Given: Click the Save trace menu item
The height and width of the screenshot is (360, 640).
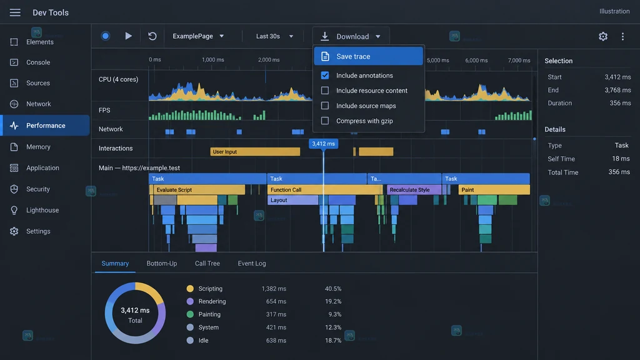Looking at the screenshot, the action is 368,56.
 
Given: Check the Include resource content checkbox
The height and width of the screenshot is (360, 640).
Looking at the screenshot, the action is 325,91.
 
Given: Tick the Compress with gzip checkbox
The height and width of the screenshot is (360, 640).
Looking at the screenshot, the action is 325,121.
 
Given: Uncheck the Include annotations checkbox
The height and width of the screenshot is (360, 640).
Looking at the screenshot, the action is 325,76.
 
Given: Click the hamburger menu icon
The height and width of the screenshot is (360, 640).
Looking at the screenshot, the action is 15,12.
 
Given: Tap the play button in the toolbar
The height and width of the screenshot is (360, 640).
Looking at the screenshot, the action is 128,36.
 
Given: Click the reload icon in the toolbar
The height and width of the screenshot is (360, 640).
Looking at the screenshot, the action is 152,36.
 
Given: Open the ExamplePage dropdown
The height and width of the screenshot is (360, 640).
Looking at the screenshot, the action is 198,36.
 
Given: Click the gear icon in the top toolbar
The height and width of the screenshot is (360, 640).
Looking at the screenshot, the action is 603,36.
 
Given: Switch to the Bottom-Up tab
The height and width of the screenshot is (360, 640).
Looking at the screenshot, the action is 162,263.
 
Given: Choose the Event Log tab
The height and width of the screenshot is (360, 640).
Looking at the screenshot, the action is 252,263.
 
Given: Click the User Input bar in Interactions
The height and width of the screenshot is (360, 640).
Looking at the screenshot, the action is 255,152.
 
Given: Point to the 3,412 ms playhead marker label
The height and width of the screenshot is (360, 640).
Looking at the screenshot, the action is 323,144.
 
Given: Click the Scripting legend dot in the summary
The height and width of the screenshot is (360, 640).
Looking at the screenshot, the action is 190,289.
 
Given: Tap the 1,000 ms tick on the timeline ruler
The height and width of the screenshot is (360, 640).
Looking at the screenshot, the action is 212,60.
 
